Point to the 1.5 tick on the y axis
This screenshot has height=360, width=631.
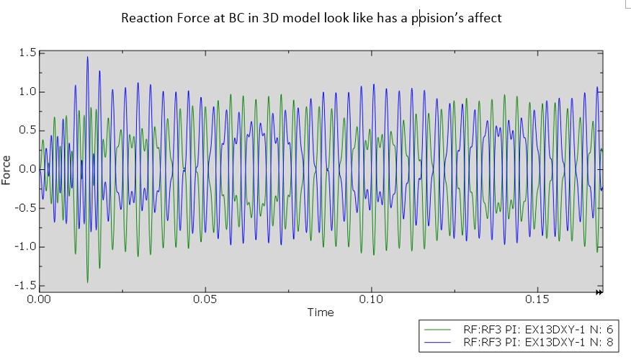(x=28, y=53)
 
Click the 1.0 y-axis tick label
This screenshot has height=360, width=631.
(x=28, y=91)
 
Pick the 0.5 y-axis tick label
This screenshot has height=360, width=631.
(x=28, y=130)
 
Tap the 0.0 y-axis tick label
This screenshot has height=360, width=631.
(x=28, y=169)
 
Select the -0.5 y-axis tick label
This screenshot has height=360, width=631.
(x=26, y=208)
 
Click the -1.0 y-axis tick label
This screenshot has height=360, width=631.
(x=26, y=247)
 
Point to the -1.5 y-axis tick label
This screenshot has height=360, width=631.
(x=26, y=286)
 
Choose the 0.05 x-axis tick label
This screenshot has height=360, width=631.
(x=205, y=299)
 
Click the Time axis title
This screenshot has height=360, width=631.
(x=321, y=312)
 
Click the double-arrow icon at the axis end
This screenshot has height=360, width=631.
(x=599, y=292)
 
